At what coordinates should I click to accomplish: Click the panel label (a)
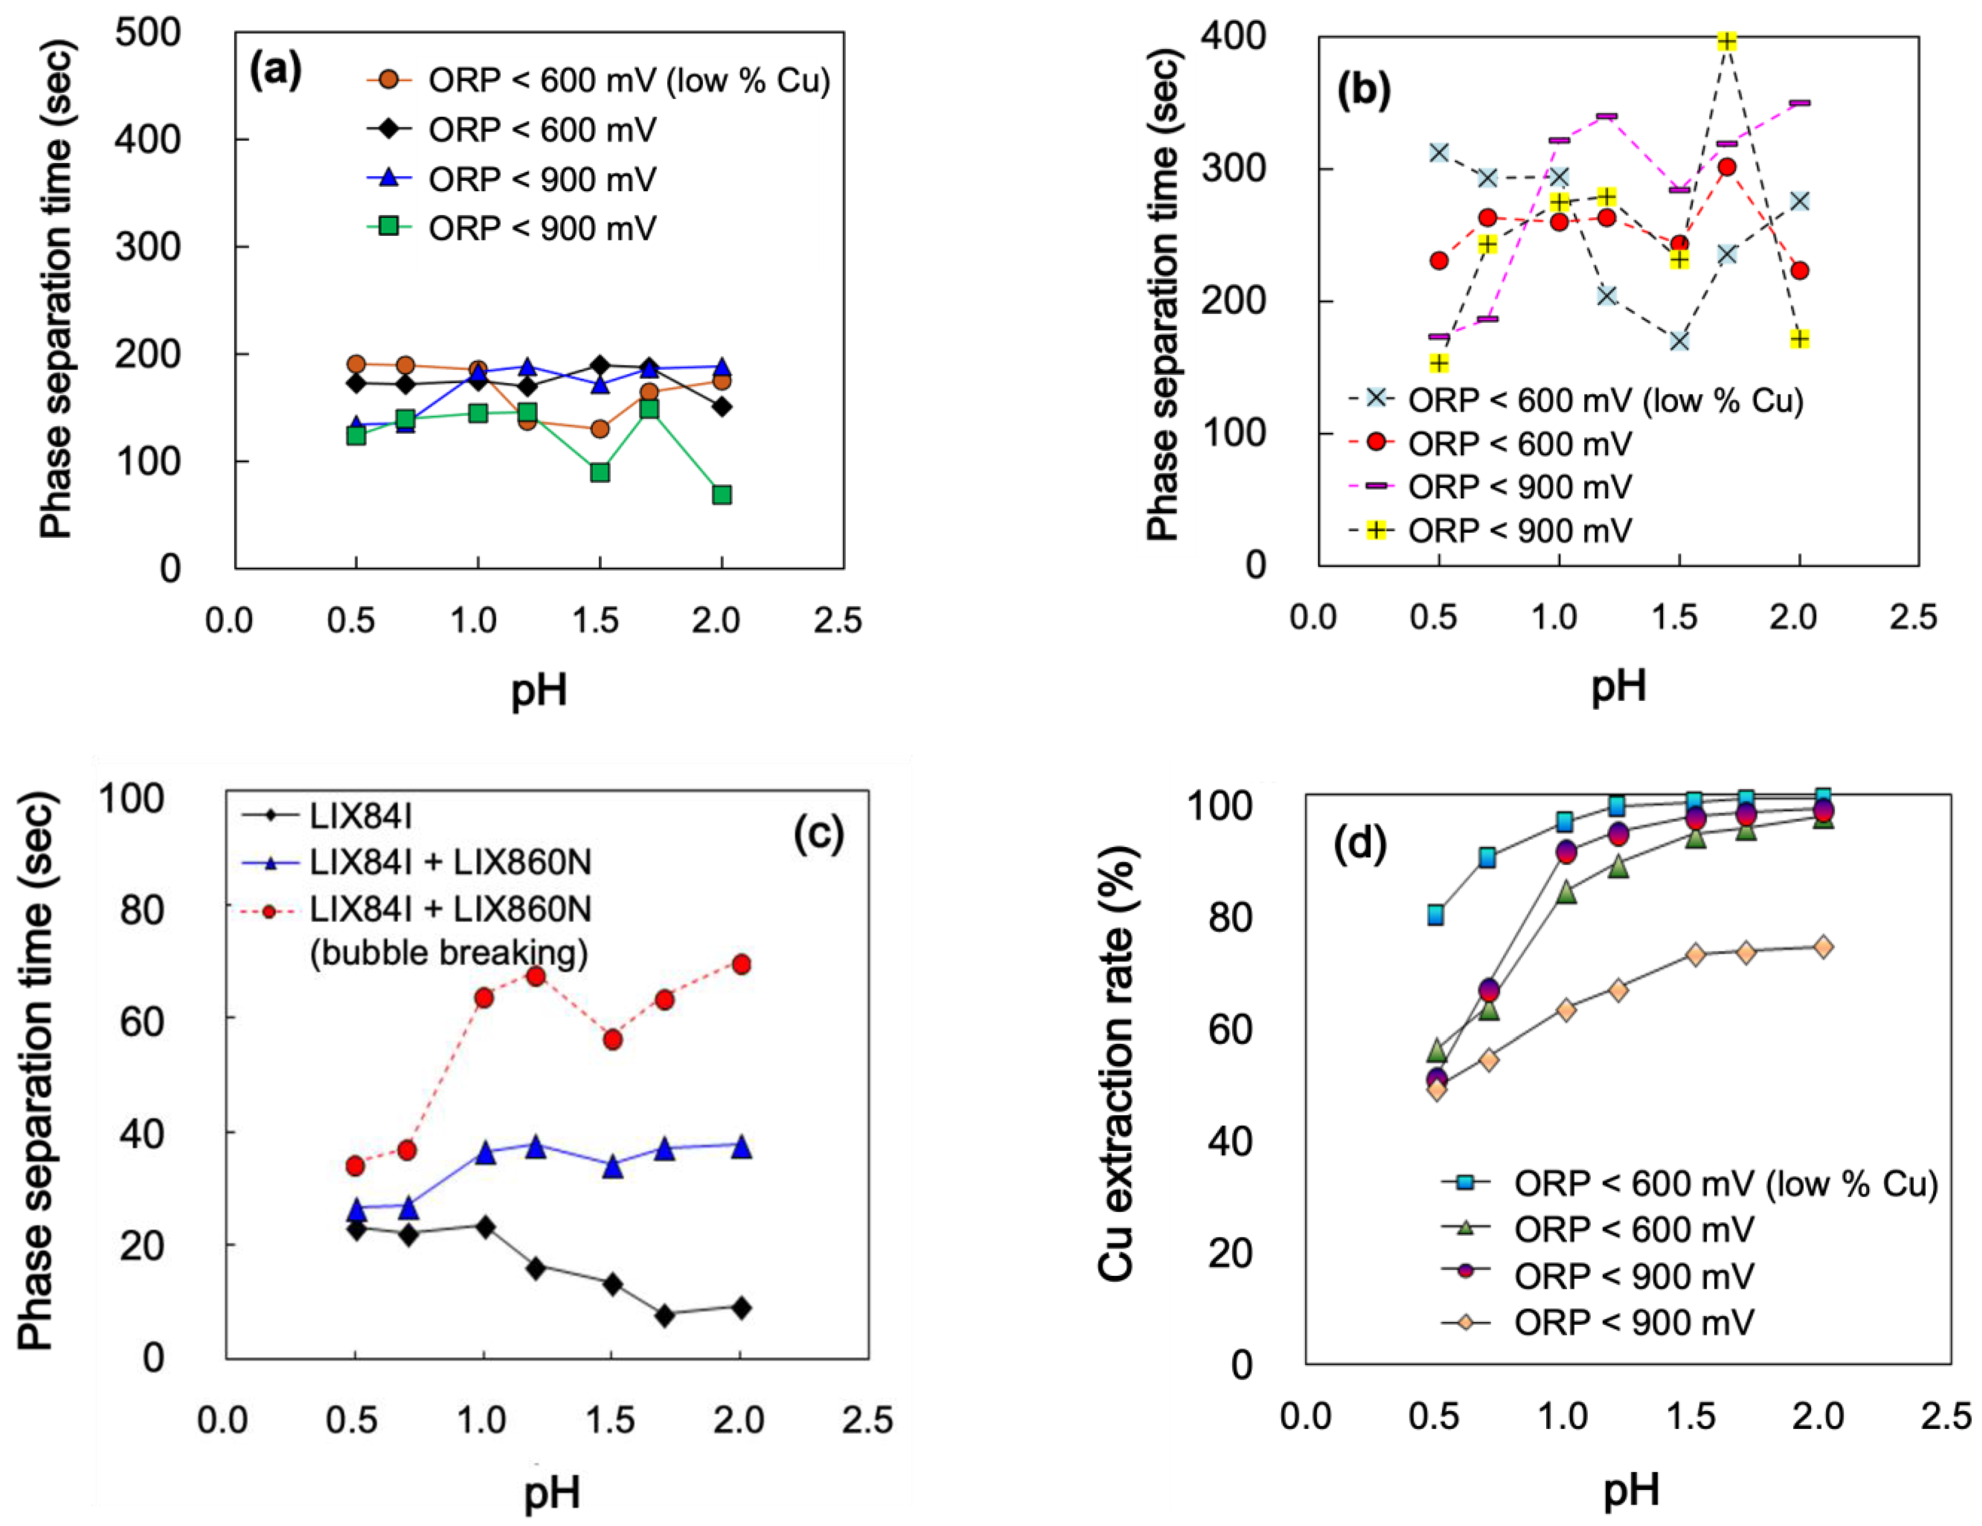275,71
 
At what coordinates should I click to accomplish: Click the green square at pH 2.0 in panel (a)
722,495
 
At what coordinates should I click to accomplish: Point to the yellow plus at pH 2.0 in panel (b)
1800,339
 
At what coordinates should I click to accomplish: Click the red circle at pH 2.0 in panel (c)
740,964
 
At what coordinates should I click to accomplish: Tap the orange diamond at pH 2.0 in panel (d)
1822,947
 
